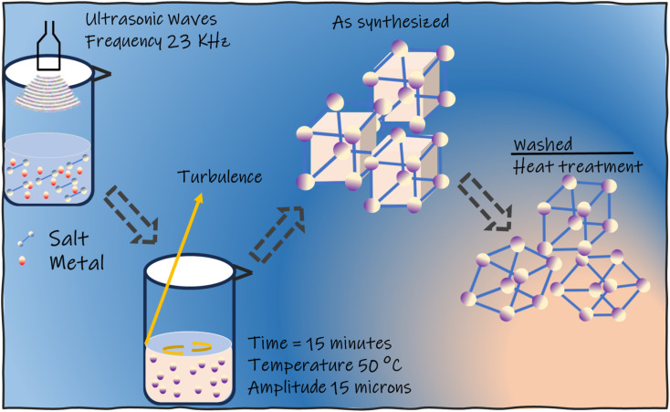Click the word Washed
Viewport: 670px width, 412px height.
(x=542, y=145)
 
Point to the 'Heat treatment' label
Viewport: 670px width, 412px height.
(x=577, y=167)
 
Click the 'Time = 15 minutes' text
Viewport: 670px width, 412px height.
(x=320, y=343)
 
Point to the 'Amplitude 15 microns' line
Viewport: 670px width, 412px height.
(x=329, y=386)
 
